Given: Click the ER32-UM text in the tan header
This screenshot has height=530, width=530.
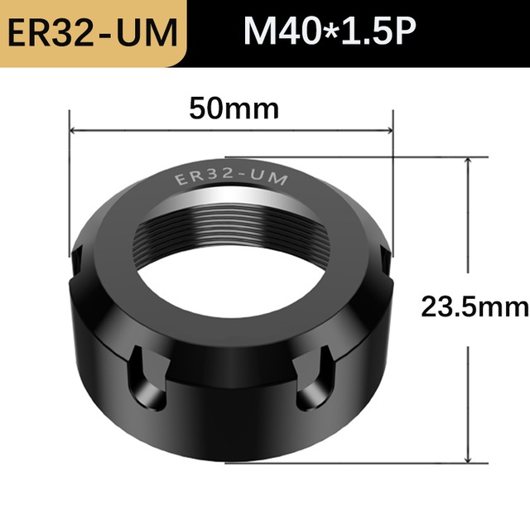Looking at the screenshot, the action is click(92, 33).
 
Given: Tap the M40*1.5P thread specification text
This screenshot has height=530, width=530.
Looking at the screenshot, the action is click(330, 31).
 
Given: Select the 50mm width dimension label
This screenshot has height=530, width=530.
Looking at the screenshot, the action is click(234, 108).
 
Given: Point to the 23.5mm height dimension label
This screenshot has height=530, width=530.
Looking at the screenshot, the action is click(475, 306).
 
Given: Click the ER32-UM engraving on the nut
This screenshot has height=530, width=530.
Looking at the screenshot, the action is click(231, 176).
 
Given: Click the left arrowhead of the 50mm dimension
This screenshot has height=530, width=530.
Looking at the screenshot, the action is click(74, 130).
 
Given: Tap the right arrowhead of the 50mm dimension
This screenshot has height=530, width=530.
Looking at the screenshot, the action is click(388, 130).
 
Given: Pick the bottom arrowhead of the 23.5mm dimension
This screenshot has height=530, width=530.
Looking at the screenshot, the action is click(468, 458).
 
